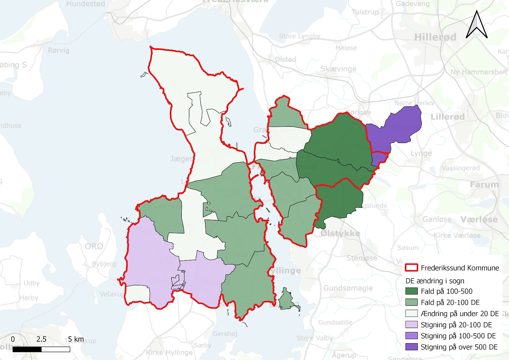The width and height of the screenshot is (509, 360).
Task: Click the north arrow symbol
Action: [x=477, y=25]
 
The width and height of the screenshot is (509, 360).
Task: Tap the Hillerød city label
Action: [x=435, y=37]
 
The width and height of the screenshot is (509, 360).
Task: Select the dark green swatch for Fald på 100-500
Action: [x=411, y=291]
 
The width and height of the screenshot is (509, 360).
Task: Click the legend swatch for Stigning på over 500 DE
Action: [x=411, y=347]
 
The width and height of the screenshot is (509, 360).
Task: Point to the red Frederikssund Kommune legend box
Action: [x=411, y=268]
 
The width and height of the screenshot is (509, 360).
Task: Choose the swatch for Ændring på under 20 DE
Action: [x=411, y=313]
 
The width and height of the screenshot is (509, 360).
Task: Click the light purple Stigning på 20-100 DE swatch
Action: [x=411, y=324]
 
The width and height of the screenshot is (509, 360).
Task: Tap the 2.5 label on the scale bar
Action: [x=41, y=339]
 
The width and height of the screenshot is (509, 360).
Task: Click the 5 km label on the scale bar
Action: [x=76, y=339]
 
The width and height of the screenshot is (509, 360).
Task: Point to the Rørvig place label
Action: [x=59, y=50]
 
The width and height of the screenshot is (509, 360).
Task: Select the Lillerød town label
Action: [x=447, y=117]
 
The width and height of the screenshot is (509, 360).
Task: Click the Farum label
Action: [x=484, y=184]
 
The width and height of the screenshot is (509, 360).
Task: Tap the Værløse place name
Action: [x=479, y=219]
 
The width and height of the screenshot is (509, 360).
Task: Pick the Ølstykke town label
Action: [x=340, y=233]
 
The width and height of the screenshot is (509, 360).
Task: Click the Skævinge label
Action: [x=338, y=69]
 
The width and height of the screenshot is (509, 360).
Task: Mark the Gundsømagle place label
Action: [x=348, y=288]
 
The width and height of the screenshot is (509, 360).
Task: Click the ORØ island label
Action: [x=94, y=246]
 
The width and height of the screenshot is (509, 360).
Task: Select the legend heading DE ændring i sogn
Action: [x=435, y=281]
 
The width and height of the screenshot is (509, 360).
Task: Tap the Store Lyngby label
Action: [x=299, y=36]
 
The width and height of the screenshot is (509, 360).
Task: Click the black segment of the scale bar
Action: [x=27, y=349]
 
